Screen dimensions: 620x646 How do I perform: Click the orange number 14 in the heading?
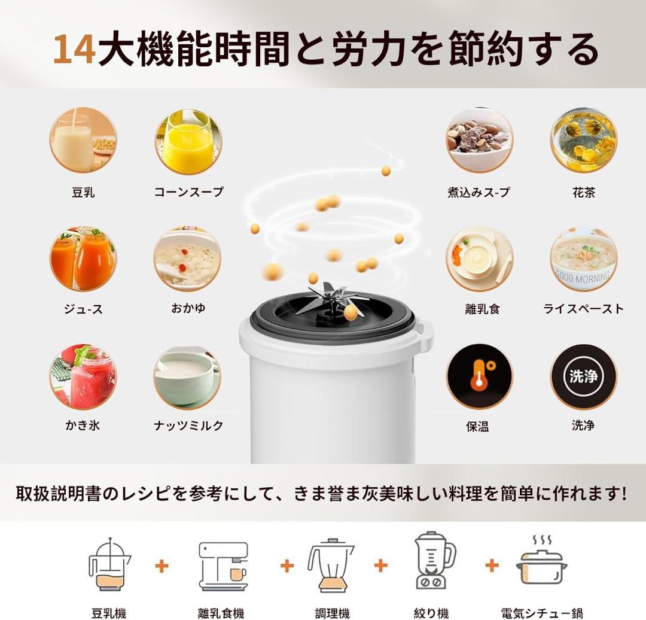[74, 50]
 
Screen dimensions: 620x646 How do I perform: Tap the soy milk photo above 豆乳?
[83, 141]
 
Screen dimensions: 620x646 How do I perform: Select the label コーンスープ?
[188, 192]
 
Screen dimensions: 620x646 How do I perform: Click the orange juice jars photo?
[83, 259]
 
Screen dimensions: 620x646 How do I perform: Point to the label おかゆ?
[188, 308]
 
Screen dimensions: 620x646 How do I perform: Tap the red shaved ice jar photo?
[83, 376]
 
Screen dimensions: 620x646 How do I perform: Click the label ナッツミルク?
[188, 426]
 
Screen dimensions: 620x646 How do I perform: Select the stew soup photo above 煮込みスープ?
[479, 141]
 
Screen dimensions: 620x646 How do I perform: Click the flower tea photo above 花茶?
[583, 141]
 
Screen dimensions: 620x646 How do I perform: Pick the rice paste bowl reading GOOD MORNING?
[583, 259]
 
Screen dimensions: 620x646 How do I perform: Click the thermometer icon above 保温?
[479, 376]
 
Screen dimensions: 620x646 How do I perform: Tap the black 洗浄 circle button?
[583, 376]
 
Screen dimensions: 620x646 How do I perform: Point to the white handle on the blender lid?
[424, 335]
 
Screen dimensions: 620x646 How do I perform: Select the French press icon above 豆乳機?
[109, 564]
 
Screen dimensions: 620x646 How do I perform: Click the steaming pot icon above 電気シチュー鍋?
[541, 564]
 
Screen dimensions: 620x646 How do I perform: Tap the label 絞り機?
[431, 613]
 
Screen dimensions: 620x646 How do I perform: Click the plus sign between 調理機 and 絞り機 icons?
[381, 566]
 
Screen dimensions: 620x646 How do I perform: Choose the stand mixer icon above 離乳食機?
[223, 566]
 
